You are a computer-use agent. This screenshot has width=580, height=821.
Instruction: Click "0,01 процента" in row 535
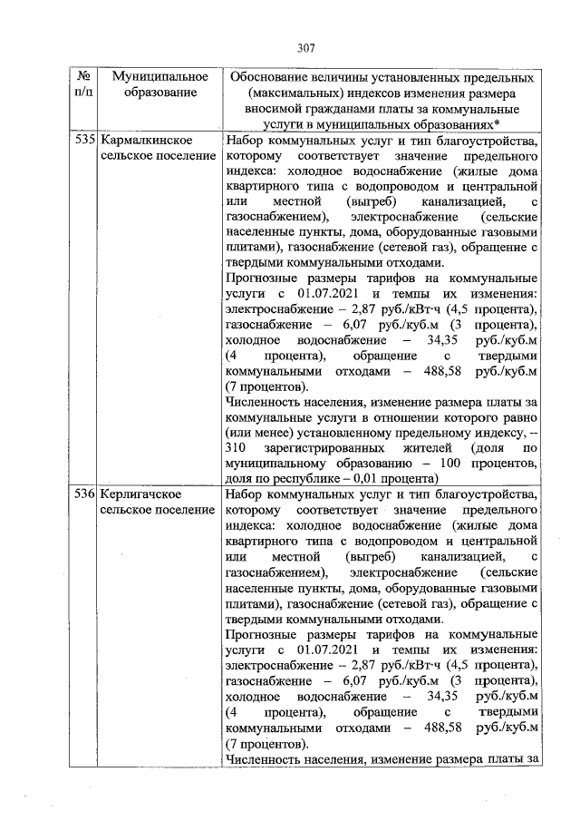[398, 478]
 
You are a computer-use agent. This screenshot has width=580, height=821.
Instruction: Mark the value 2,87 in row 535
[357, 309]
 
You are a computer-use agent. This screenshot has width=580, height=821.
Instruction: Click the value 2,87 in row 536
[357, 664]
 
